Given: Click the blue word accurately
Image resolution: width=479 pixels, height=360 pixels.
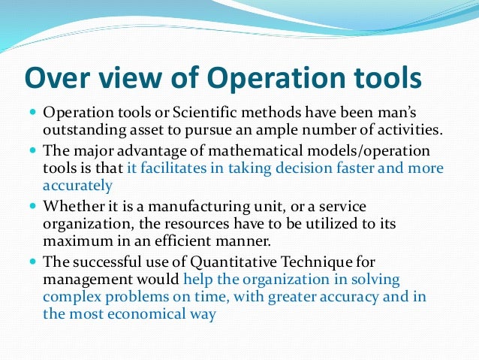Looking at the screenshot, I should pyautogui.click(x=78, y=185).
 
